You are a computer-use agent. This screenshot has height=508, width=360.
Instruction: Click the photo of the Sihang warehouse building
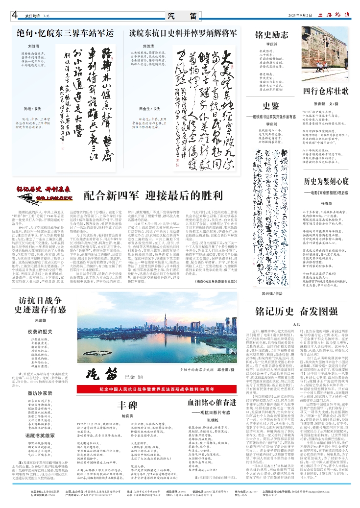(326, 49)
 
